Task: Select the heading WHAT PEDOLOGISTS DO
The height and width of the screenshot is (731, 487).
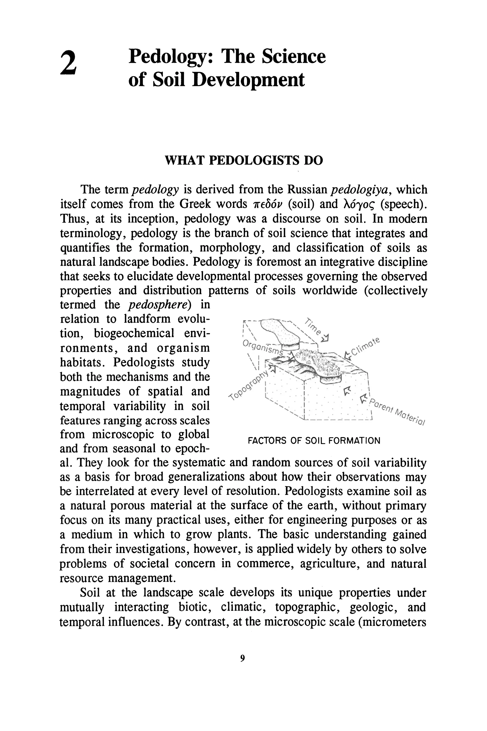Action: [x=243, y=160]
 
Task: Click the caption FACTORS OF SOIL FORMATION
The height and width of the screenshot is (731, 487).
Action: [x=314, y=441]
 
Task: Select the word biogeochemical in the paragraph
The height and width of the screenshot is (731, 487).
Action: [x=134, y=333]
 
